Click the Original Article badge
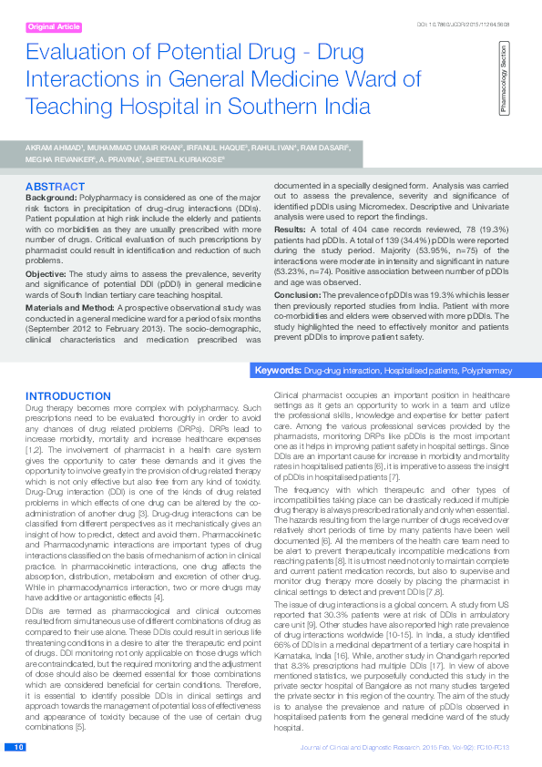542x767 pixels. click(54, 27)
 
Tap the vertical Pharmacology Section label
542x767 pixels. click(503, 82)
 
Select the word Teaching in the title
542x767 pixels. click(68, 105)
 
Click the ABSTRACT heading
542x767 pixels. click(56, 187)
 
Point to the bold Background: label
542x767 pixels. click(51, 197)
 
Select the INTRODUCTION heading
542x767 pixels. click(69, 396)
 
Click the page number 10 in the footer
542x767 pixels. click(18, 748)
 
